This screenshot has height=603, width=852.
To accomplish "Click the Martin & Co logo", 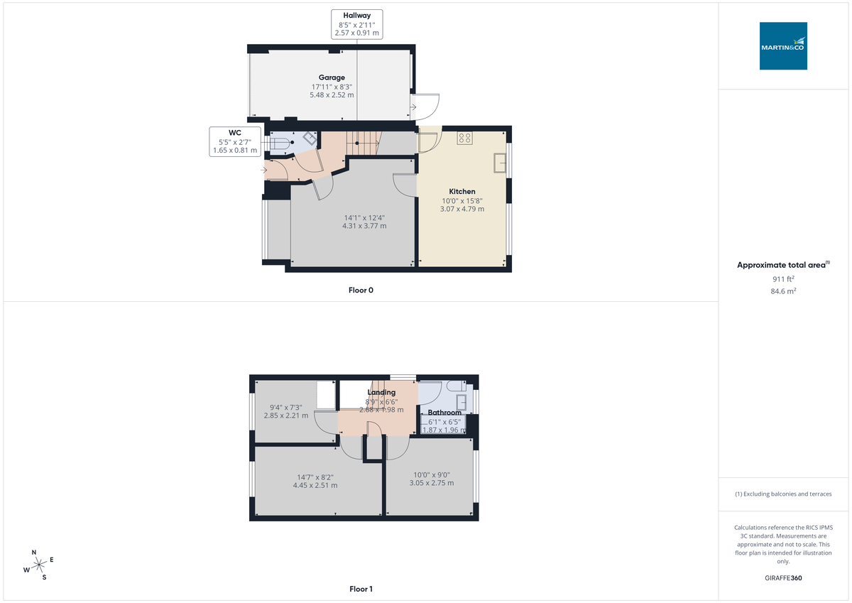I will pos(783,46).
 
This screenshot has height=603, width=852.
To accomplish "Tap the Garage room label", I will pos(332,77).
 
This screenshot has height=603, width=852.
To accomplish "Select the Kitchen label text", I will pos(461,192).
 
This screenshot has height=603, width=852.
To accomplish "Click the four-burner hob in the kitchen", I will pos(465,138).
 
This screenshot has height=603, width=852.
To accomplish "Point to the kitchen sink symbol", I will pos(499,163).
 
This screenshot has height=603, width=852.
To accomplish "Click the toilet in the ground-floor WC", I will pos(280,144).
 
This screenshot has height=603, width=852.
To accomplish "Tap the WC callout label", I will pos(234,133).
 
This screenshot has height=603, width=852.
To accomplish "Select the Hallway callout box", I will pos(356,23).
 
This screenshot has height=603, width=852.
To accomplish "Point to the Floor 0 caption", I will pos(361,290).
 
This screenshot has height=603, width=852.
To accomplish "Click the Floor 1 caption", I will pos(361,589).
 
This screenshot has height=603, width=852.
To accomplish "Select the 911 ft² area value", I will pos(783,279).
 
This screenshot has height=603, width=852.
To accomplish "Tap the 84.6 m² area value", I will pos(783,291).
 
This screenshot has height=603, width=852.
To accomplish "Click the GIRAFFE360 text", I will pos(783,578).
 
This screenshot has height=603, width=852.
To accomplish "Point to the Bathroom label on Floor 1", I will pos(444,413).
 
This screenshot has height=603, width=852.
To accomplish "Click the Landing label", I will pos(381,392).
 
